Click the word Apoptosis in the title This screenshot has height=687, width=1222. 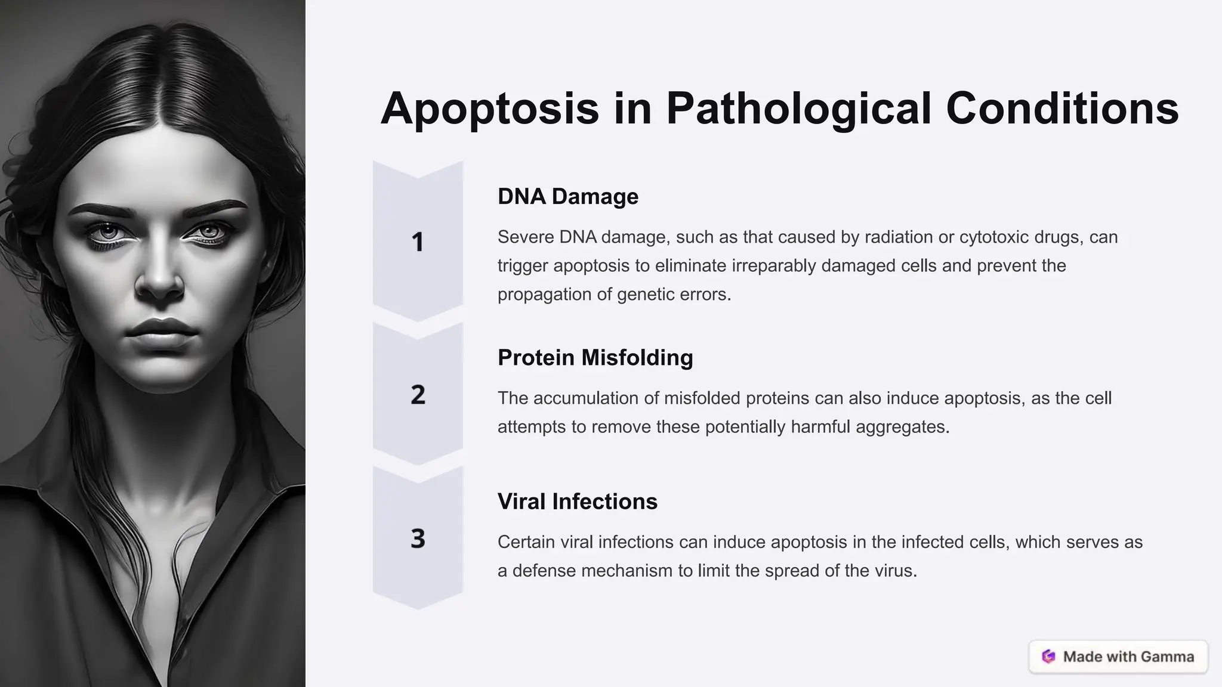tap(489, 109)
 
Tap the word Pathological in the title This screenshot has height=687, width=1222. tap(798, 109)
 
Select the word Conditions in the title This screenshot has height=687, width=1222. tap(1062, 109)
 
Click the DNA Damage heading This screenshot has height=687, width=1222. tap(567, 196)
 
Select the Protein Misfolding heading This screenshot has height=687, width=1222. tap(595, 357)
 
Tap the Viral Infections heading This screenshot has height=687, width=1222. tap(577, 501)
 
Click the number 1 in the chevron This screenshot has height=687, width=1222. tap(418, 242)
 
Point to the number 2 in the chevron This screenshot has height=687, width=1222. tap(418, 395)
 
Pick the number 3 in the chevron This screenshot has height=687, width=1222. tap(418, 539)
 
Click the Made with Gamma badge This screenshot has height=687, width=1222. tap(1118, 657)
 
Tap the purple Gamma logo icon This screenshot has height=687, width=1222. tap(1048, 657)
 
